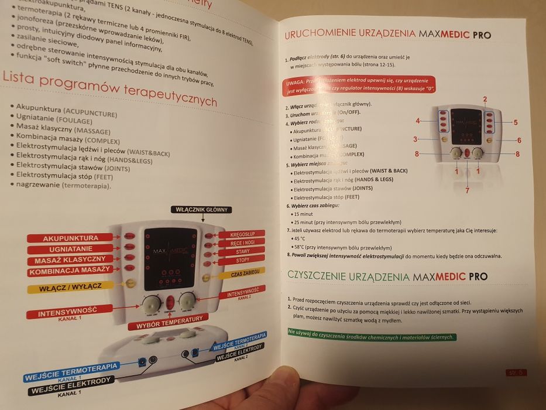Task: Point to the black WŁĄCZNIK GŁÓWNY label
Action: [x=201, y=209]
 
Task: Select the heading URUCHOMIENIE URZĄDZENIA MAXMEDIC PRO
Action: [x=387, y=34]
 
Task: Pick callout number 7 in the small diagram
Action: [x=466, y=190]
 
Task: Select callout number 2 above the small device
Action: [x=485, y=99]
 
